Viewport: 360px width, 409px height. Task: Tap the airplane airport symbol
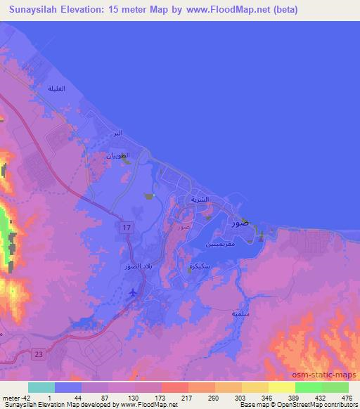point(134,292)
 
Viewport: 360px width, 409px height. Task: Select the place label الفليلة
point(56,89)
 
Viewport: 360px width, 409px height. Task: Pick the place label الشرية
point(201,200)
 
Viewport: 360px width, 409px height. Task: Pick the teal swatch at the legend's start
point(41,387)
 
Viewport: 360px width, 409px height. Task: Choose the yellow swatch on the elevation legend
point(281,387)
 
